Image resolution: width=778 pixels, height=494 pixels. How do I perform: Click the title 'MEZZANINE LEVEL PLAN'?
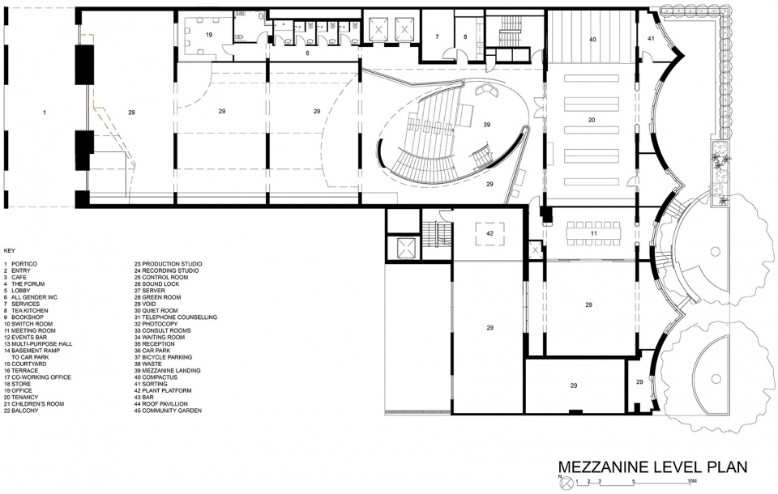[x=652, y=466]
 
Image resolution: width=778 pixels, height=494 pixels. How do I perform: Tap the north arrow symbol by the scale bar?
[x=566, y=481]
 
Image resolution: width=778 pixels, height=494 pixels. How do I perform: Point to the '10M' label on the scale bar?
[x=693, y=481]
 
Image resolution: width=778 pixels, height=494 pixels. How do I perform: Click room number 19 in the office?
[x=209, y=35]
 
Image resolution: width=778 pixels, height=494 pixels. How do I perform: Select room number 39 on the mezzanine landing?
[x=487, y=125]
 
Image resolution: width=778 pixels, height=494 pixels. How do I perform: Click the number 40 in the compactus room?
[x=592, y=40]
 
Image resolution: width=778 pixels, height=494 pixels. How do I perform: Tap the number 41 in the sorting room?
[x=651, y=38]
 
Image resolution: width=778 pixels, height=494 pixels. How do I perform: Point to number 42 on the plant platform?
[x=489, y=233]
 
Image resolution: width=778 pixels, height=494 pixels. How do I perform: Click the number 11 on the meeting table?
[x=593, y=233]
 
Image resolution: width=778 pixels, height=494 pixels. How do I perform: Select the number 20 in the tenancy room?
[x=591, y=120]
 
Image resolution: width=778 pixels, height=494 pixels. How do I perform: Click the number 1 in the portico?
[x=44, y=113]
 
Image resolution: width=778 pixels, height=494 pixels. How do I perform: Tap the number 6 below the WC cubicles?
[x=308, y=53]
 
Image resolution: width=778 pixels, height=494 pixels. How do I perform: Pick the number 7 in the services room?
[x=437, y=36]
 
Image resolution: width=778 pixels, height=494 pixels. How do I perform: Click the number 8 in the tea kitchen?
[x=465, y=36]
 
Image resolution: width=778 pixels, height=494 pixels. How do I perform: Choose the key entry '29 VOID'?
[x=145, y=304]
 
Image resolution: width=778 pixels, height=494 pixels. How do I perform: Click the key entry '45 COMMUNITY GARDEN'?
[x=168, y=411]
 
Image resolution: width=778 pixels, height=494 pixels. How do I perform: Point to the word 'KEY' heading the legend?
[x=9, y=251]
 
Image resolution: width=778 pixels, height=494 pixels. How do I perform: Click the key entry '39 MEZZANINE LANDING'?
[x=167, y=371]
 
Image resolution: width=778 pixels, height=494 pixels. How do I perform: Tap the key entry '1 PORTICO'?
[x=20, y=264]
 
